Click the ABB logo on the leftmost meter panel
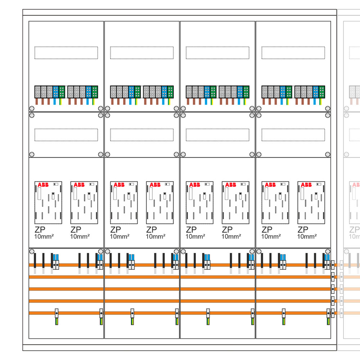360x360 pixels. coord(43,185)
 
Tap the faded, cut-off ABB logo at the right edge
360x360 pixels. coord(356,185)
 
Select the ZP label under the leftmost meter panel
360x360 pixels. coord(40,229)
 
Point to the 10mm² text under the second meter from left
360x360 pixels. coord(80,237)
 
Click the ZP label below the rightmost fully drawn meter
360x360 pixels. coord(303,229)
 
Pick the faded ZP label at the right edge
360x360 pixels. coord(355,229)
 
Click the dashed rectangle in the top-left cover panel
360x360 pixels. coord(66,53)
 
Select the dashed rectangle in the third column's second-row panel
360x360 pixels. coord(217,135)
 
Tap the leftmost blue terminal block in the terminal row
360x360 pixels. coord(56,92)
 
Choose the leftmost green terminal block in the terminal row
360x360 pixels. coord(62,92)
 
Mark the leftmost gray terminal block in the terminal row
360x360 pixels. coord(38,92)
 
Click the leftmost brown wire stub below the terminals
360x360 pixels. coord(36,102)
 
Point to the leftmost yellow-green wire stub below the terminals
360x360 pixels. coord(60,102)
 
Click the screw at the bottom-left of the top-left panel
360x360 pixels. coord(32,108)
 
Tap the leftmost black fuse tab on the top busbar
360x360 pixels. coord(35,260)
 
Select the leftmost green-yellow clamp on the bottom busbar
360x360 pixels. coord(57,317)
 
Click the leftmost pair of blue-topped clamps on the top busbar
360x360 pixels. coord(56,262)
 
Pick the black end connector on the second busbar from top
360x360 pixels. coord(333,277)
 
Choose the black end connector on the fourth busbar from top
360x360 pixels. coord(333,301)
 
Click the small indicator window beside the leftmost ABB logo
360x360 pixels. coord(56,184)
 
